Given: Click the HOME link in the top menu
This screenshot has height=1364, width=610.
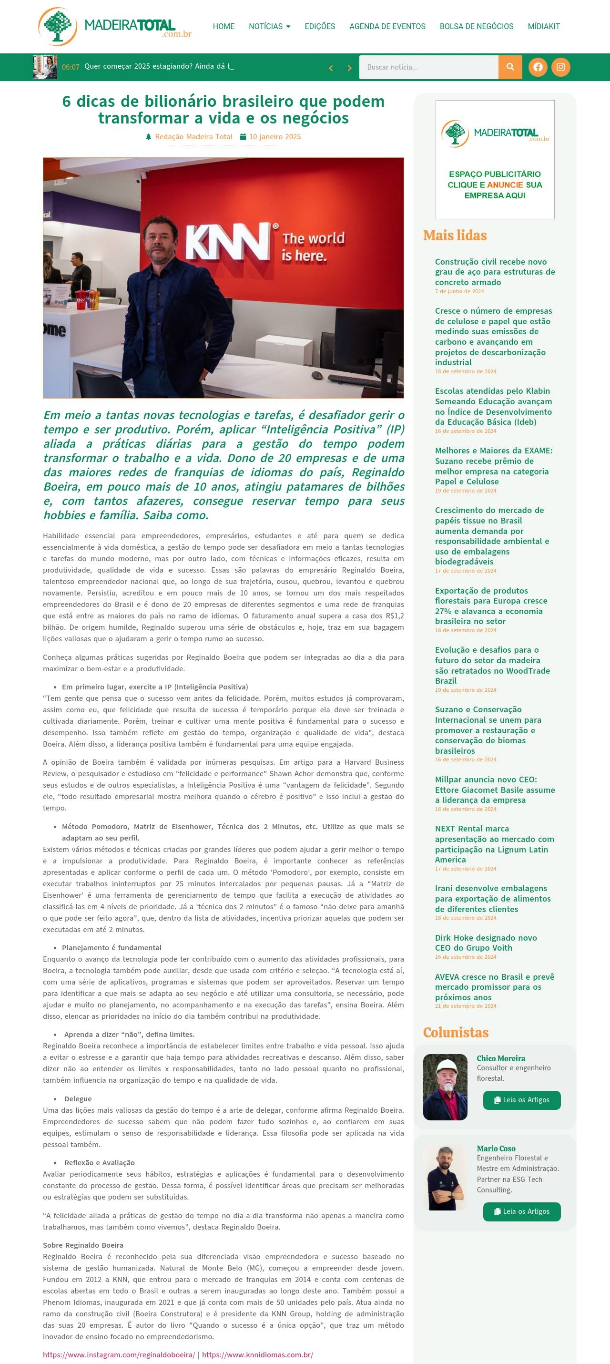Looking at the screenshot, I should (x=224, y=27).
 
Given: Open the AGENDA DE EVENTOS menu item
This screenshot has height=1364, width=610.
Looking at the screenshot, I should (x=387, y=27).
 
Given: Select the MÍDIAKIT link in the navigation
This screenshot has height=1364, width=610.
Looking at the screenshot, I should (x=543, y=27).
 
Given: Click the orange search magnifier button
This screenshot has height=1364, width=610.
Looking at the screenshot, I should (x=510, y=67).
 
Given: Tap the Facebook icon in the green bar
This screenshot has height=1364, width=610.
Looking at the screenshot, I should (x=538, y=67).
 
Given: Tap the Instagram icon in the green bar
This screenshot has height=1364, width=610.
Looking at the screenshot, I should (x=561, y=67).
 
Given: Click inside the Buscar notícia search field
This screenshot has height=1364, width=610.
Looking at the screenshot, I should (x=428, y=67).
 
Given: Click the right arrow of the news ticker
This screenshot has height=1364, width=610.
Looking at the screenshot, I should (x=349, y=68).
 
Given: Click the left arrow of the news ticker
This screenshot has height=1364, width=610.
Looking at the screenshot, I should (x=331, y=68).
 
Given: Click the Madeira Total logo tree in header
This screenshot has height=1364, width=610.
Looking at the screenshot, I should (x=57, y=26).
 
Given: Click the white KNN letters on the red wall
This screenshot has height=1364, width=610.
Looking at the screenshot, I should (x=227, y=241).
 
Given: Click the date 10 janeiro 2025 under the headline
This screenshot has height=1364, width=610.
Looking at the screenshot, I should (x=274, y=137).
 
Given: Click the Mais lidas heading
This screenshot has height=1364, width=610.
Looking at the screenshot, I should (x=455, y=235).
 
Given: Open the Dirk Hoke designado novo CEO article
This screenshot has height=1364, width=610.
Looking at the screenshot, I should (x=486, y=943).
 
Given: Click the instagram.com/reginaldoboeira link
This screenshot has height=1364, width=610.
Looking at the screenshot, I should (x=119, y=1354).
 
